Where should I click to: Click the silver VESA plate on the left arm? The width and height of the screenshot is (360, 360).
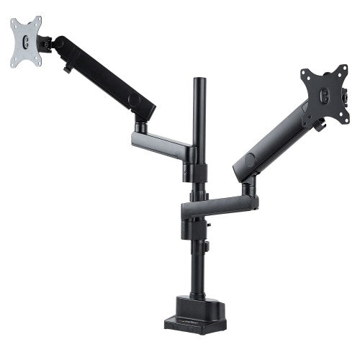(26, 42)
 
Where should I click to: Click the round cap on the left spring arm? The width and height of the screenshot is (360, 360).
(132, 99)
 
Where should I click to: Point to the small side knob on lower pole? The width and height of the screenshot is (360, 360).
(206, 248)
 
